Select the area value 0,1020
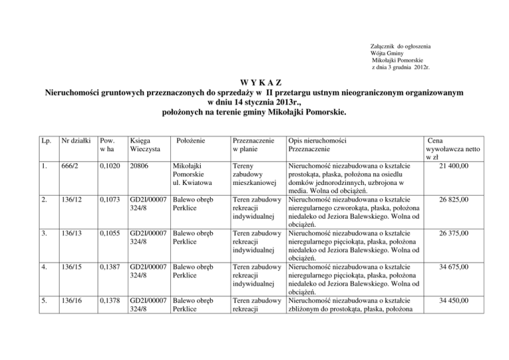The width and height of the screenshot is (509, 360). tap(107, 164)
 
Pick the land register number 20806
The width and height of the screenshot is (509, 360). tap(141, 164)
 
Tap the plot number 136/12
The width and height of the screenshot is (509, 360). tap(72, 199)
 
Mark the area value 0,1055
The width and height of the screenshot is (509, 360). tap(107, 233)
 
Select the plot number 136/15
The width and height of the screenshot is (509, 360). tap(72, 268)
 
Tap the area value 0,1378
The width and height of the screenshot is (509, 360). tap(107, 302)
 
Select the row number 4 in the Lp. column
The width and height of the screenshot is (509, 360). tap(44, 268)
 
